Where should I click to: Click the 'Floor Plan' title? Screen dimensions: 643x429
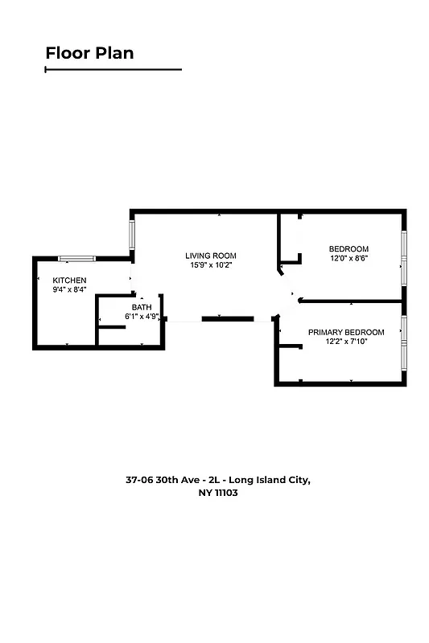coord(89,54)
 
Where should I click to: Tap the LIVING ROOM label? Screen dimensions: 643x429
coord(212,256)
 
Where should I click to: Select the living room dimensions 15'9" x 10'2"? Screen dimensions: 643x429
coord(212,265)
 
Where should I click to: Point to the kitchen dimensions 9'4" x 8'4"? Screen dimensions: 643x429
coord(69,289)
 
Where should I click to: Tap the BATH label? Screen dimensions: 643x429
coord(142,307)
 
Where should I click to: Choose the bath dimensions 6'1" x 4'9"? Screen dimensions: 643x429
coord(142,317)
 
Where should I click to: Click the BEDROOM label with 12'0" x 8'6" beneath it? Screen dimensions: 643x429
coord(349,248)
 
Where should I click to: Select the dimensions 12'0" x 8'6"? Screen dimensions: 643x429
coord(349,258)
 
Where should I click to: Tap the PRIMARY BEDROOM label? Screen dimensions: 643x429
coord(346,332)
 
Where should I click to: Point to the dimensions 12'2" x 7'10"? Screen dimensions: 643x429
coord(346,342)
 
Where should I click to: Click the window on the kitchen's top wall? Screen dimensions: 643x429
coord(76,258)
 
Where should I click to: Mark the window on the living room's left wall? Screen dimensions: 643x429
coord(132,234)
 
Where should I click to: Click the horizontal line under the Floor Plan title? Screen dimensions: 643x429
coord(113,70)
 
